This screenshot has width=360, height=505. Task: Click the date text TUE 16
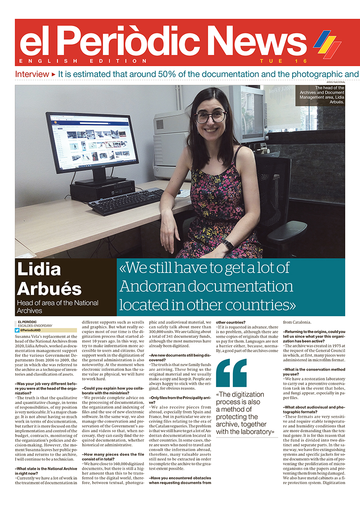pos(283,61)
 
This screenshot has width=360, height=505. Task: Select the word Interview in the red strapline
pos(32,74)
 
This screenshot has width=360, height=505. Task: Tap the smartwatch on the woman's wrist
pos(227,245)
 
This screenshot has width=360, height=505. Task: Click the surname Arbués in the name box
pos(49,289)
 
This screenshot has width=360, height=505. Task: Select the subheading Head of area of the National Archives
pos(57,306)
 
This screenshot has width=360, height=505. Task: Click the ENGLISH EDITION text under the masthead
pos(83,61)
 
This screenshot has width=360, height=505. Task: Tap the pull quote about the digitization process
pos(246,413)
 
